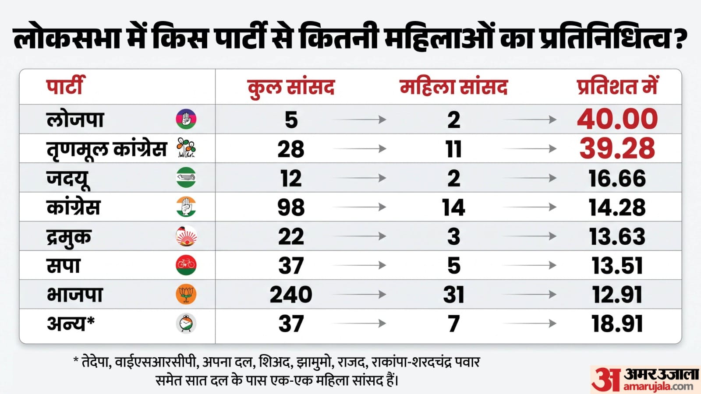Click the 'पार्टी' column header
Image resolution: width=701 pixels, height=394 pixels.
click(65, 86)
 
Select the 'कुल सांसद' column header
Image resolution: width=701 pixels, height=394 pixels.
click(291, 88)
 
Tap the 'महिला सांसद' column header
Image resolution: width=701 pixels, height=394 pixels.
click(453, 87)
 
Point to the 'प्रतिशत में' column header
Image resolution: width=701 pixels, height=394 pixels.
click(617, 86)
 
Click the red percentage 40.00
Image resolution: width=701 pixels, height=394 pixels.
click(617, 119)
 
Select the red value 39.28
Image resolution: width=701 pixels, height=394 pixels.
click(617, 148)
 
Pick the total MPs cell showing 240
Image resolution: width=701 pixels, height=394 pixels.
click(291, 294)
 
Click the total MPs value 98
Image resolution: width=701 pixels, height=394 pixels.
click(291, 207)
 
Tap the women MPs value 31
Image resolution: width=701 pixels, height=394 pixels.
click(453, 294)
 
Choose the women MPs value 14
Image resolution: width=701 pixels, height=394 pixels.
click(453, 207)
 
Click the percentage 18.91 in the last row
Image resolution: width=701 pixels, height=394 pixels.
click(617, 324)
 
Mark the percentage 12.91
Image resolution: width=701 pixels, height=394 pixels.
click(617, 294)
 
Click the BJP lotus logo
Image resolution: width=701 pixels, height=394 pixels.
click(186, 294)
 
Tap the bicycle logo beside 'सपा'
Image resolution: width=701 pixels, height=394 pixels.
click(186, 265)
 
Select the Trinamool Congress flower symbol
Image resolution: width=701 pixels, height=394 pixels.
click(186, 148)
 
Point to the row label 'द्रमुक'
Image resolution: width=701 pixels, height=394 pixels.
click(69, 237)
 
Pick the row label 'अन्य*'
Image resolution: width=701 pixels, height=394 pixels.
click(71, 324)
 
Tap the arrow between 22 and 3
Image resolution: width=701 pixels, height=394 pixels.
click(359, 236)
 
